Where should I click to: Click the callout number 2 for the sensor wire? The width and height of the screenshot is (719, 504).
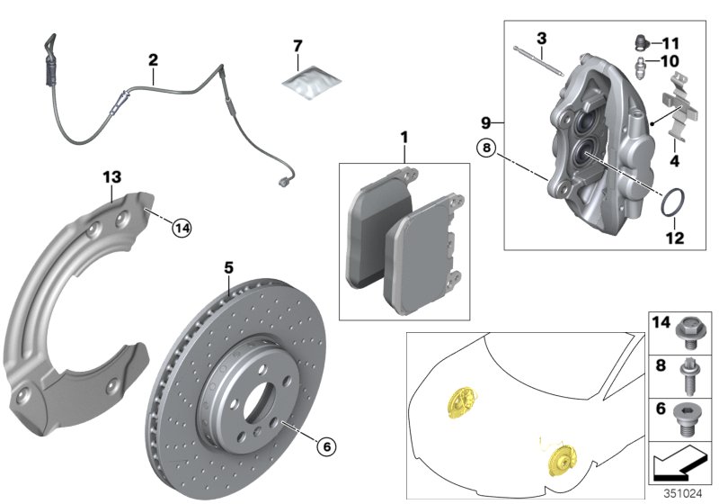(x=153, y=60)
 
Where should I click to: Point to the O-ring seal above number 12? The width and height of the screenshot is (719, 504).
(x=673, y=202)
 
